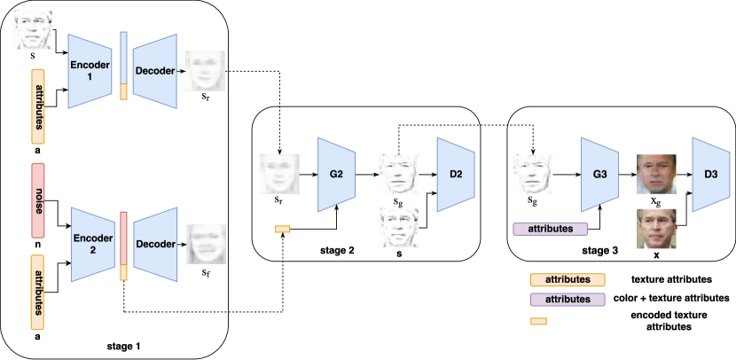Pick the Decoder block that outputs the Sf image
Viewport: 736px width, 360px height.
point(156,239)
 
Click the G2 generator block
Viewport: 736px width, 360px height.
point(336,173)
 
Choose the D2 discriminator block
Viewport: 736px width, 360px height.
point(455,173)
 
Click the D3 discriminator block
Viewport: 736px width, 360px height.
point(709,174)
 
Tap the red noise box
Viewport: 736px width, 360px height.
point(37,203)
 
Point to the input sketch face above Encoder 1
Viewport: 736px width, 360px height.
point(34,29)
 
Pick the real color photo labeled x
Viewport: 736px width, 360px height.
point(655,229)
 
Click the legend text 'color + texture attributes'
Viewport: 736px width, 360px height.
point(669,298)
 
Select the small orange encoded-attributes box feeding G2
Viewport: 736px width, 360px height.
point(282,231)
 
